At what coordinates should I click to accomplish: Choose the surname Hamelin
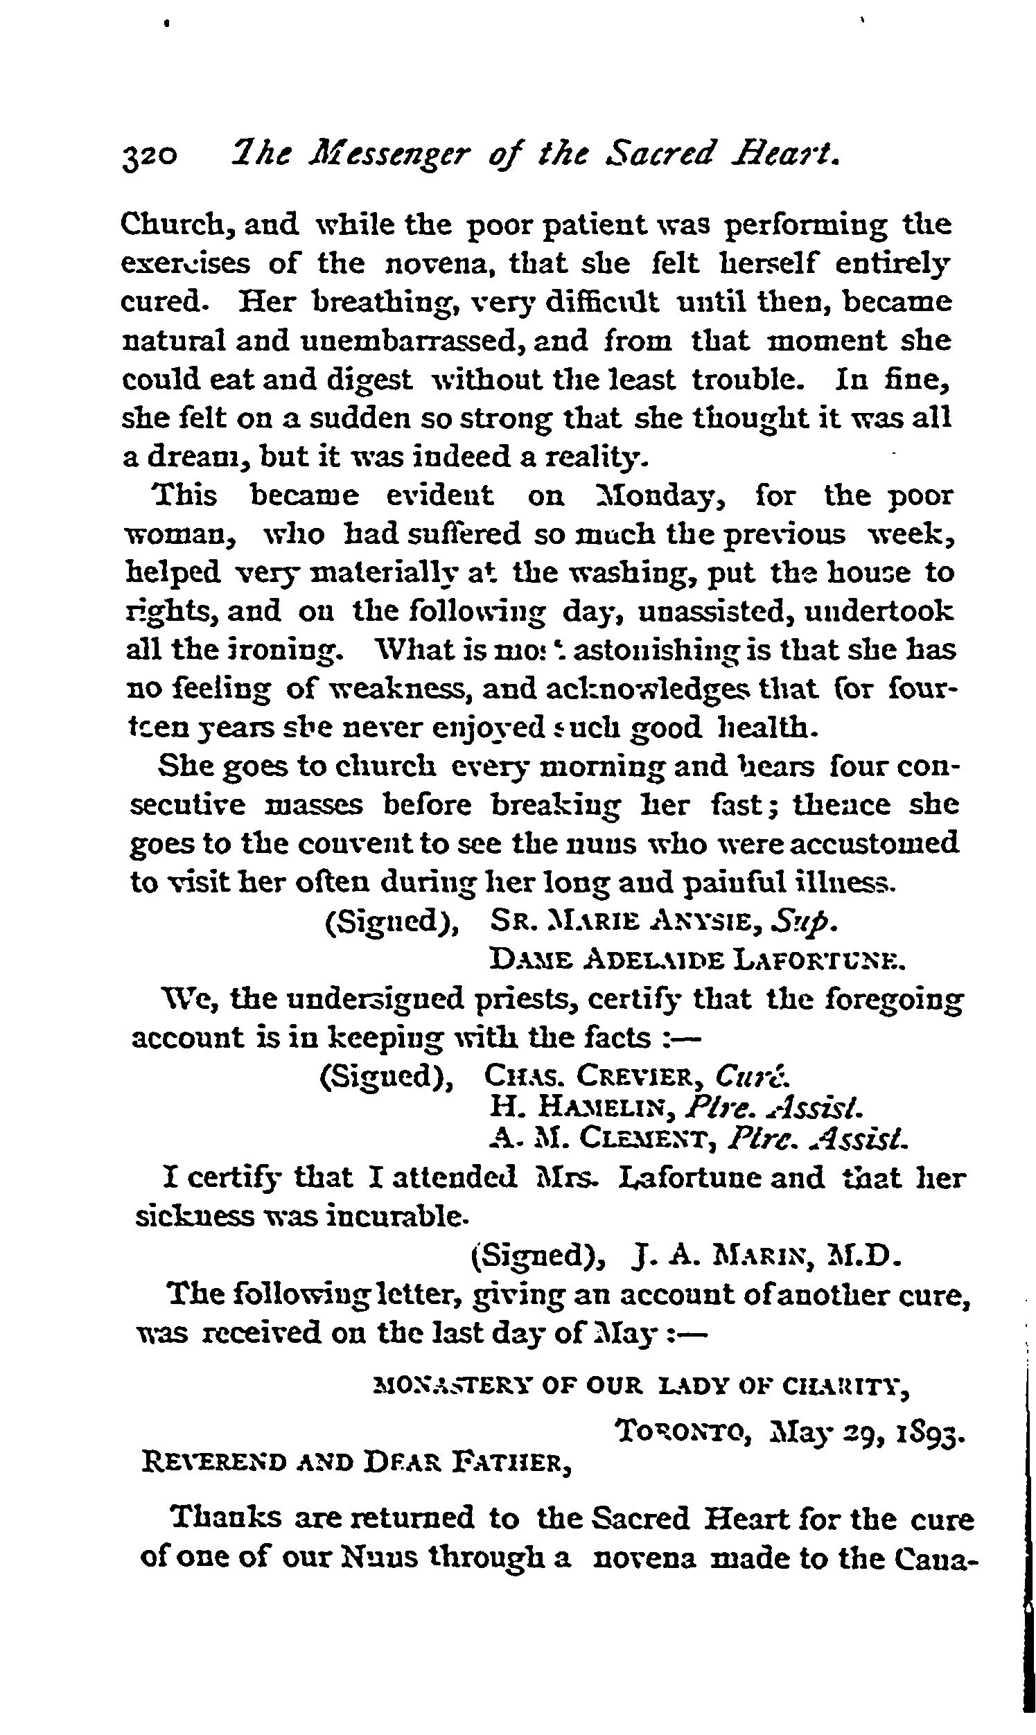coord(607,1107)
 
